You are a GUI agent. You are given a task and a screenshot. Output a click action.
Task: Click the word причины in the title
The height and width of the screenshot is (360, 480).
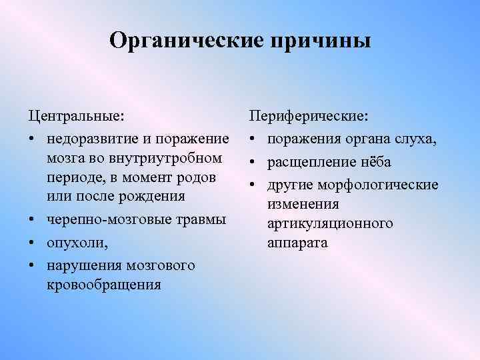pyautogui.click(x=319, y=41)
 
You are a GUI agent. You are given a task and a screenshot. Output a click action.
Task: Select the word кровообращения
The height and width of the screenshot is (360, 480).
pyautogui.click(x=104, y=285)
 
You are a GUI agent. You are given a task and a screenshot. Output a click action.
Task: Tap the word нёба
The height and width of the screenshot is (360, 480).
pyautogui.click(x=376, y=162)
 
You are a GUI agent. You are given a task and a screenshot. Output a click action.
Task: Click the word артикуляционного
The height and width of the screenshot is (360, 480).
pyautogui.click(x=330, y=223)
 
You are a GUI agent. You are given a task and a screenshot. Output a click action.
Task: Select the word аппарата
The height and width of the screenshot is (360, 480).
pyautogui.click(x=297, y=243)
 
